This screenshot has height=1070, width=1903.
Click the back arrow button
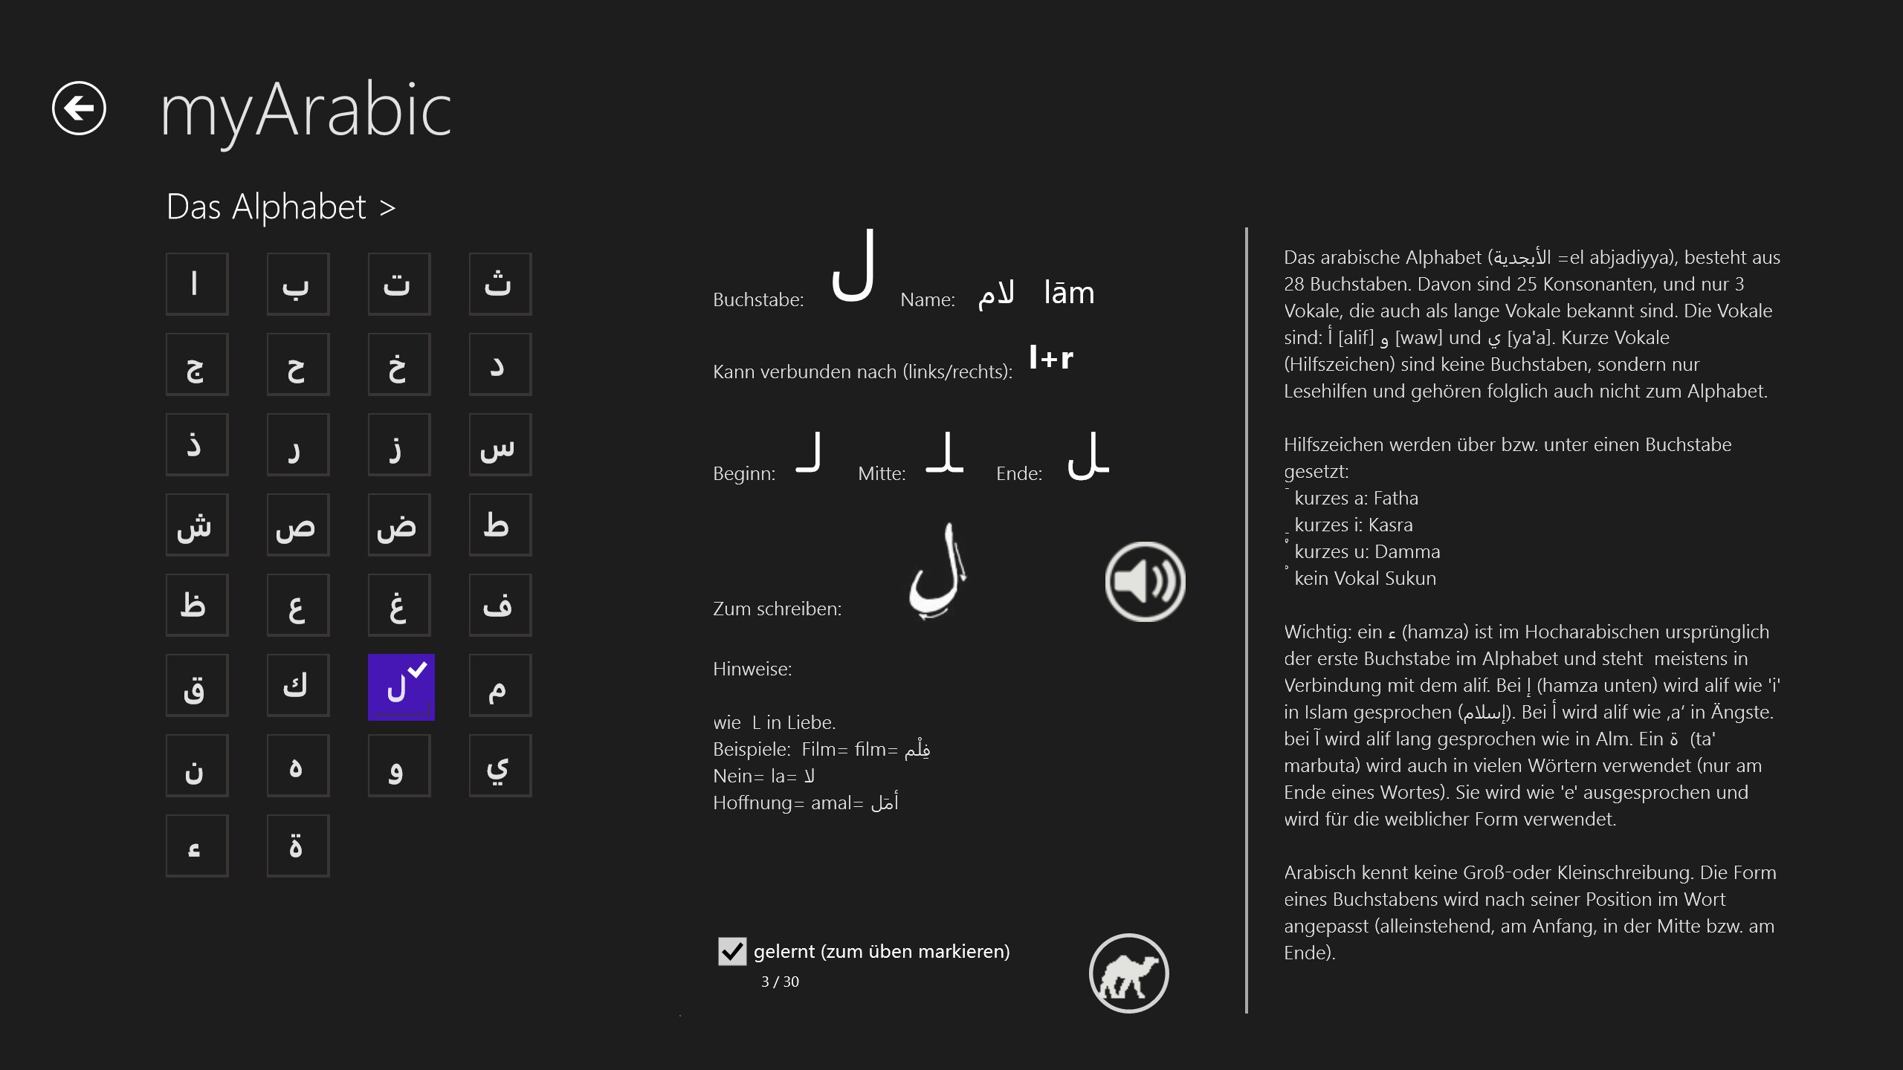point(79,108)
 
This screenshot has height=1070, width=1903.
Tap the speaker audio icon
point(1145,582)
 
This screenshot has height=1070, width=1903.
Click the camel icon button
point(1128,973)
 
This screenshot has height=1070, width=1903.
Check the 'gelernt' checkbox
point(731,951)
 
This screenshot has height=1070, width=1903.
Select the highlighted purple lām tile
point(401,687)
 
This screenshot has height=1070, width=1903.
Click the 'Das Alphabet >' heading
point(280,207)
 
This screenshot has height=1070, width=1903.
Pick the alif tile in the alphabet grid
point(196,284)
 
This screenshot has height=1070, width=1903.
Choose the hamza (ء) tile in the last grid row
point(196,846)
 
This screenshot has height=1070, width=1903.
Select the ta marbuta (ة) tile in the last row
point(297,846)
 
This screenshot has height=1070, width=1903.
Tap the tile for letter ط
point(500,525)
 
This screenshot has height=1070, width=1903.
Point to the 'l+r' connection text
point(1050,358)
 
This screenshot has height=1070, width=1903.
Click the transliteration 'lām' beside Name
point(1068,293)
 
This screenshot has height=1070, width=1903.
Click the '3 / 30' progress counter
point(780,982)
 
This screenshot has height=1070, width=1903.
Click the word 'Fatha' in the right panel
point(1395,498)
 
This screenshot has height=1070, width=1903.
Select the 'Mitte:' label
point(881,473)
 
